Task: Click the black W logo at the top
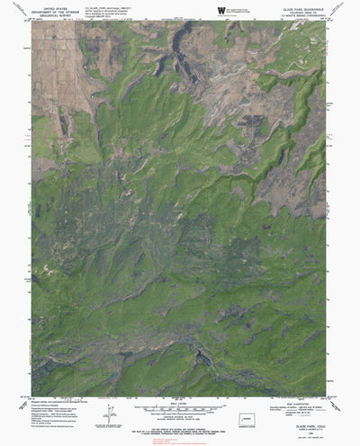(216, 10)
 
